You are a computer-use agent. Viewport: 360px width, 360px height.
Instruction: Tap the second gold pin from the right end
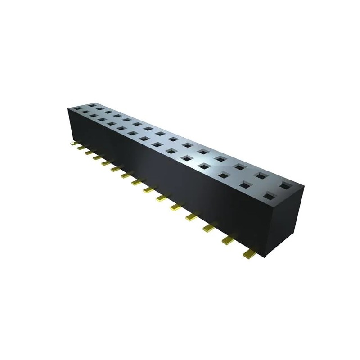[x=228, y=242]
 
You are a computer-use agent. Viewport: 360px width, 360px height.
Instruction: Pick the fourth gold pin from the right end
[x=192, y=217]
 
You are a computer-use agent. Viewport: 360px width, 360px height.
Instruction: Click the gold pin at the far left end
[x=73, y=144]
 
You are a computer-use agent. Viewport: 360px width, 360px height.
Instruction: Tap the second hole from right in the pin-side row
[x=245, y=184]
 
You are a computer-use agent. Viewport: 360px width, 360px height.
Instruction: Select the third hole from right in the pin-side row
[x=224, y=174]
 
